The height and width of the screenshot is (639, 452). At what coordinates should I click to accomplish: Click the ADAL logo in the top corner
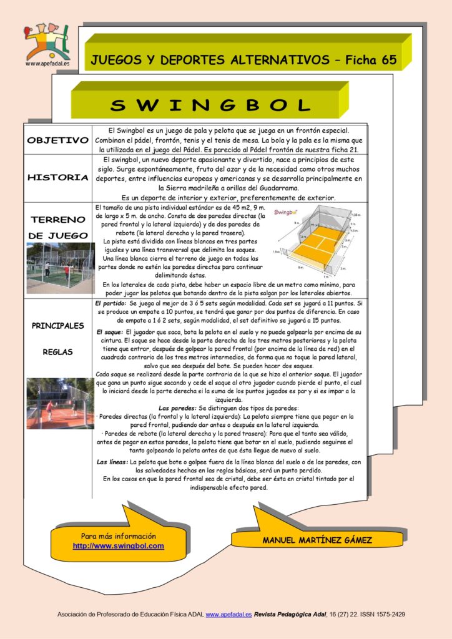[x=46, y=42]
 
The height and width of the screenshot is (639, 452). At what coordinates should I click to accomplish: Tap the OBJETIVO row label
[x=57, y=140]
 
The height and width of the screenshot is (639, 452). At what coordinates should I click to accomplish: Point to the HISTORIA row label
[x=57, y=178]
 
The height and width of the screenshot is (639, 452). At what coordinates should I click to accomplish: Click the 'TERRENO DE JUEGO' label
[x=58, y=228]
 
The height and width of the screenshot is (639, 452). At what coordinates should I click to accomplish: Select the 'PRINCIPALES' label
[x=58, y=325]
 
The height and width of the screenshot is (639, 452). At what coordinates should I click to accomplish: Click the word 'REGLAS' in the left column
[x=58, y=352]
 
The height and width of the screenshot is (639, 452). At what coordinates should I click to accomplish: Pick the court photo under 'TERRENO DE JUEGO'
[x=60, y=268]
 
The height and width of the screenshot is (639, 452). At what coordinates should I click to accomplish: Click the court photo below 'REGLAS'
[x=60, y=403]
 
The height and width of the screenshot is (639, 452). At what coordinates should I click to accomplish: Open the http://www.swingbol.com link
[x=118, y=546]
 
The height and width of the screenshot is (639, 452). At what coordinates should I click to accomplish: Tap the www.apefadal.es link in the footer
[x=228, y=615]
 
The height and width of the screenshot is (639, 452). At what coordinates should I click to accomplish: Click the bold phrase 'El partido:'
[x=111, y=302]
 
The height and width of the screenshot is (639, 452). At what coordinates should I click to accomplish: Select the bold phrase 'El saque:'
[x=110, y=332]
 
